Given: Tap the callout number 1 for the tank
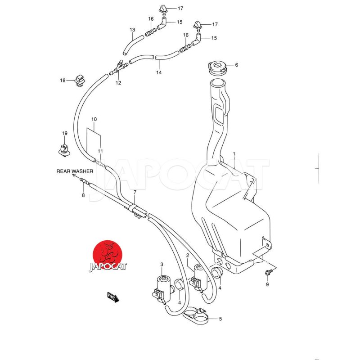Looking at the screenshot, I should pyautogui.click(x=234, y=154).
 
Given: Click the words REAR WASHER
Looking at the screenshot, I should pyautogui.click(x=75, y=171).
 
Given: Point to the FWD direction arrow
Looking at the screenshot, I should pyautogui.click(x=112, y=297).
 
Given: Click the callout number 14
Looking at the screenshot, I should pyautogui.click(x=159, y=72).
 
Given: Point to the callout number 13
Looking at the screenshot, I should pyautogui.click(x=132, y=30).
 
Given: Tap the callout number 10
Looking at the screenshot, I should pyautogui.click(x=94, y=120).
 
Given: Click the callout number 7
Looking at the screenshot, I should pyautogui.click(x=135, y=193).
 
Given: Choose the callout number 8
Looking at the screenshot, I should pyautogui.click(x=83, y=195).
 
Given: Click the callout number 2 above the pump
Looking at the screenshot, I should pyautogui.click(x=187, y=255).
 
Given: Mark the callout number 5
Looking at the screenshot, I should pyautogui.click(x=220, y=319).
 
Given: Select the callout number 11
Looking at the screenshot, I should pyautogui.click(x=101, y=151).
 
